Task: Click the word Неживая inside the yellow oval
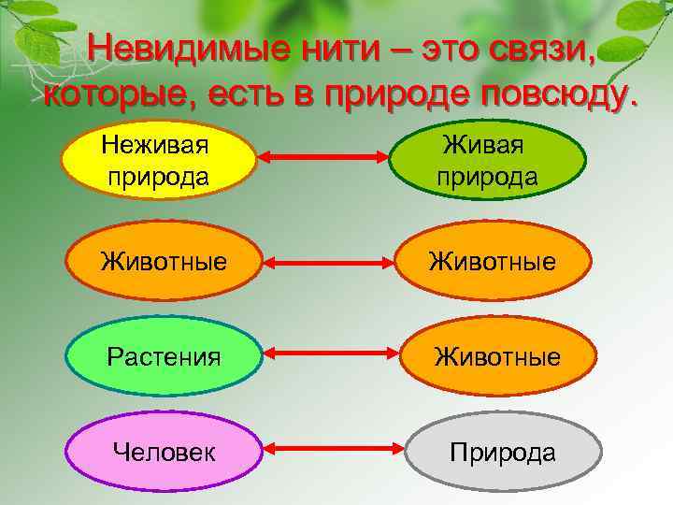point(154,146)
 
